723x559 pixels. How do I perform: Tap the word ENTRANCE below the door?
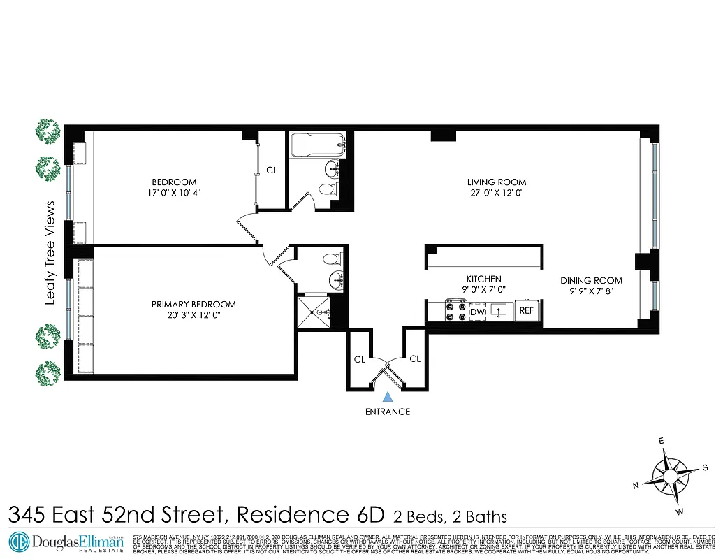point(388,412)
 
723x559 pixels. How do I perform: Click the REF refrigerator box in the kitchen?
point(526,311)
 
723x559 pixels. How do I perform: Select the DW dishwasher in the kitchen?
point(478,312)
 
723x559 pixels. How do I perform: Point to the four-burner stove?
point(456,311)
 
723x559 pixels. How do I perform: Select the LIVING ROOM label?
point(495,182)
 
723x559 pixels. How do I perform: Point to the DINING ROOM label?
point(591,281)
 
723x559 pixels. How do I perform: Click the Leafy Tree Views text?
point(50,252)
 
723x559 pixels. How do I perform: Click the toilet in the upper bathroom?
point(326,188)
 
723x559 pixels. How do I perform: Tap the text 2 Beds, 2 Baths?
point(450,517)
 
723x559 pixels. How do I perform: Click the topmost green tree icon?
point(48,131)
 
